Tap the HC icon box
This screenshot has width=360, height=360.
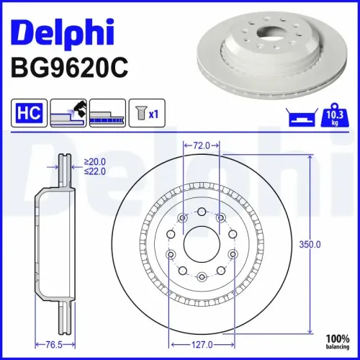(27, 113)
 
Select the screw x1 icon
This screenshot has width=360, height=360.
(147, 113)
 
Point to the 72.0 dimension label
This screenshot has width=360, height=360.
(202, 145)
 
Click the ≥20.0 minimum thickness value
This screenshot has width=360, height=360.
(94, 162)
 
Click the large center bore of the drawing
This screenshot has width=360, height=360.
(202, 245)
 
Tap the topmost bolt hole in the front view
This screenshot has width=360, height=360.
(202, 212)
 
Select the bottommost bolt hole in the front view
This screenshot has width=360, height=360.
(202, 277)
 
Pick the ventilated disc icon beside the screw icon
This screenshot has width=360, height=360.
(109, 113)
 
